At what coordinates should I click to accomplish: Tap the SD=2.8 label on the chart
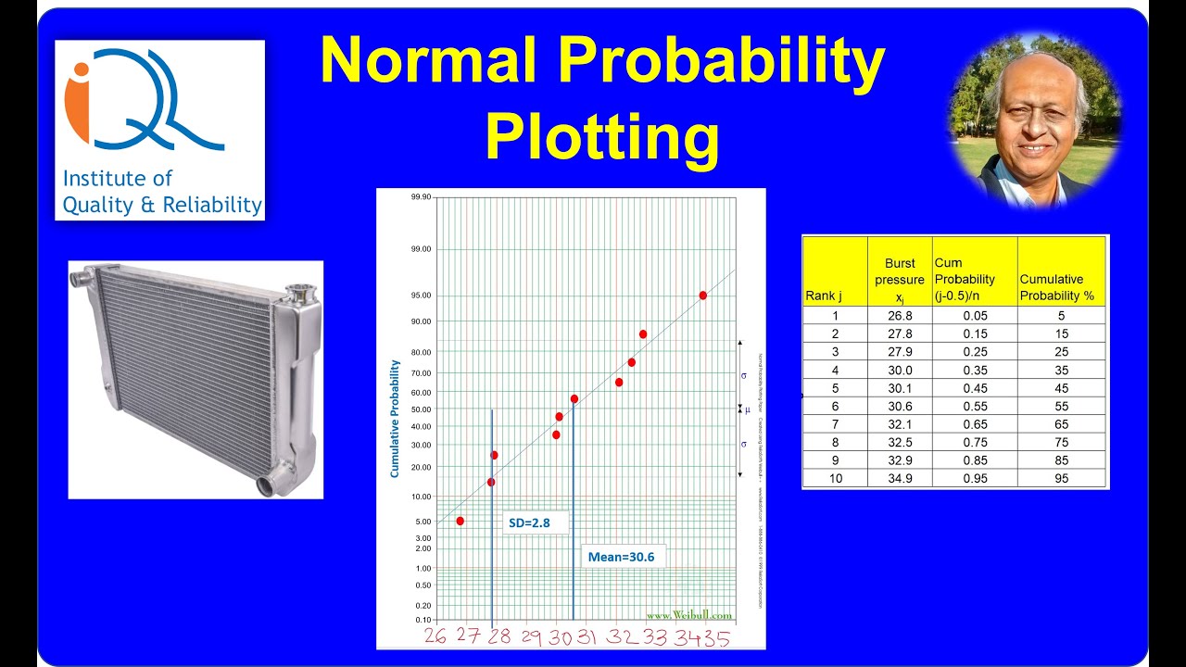[530, 522]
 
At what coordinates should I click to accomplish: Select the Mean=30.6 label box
[621, 557]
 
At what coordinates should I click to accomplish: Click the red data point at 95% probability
[703, 296]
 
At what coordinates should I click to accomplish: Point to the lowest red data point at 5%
[461, 522]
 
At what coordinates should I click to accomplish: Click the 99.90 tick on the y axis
[421, 197]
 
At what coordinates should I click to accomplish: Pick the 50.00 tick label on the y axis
[421, 409]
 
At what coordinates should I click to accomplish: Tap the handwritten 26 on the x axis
[435, 637]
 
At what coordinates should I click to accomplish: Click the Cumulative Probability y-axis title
[395, 419]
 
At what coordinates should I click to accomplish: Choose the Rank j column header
[823, 296]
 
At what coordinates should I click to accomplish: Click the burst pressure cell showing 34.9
[900, 478]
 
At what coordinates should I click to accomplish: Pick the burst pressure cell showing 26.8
[900, 315]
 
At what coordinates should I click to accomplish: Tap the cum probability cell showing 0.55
[974, 406]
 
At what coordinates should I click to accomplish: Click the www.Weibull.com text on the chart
[688, 615]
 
